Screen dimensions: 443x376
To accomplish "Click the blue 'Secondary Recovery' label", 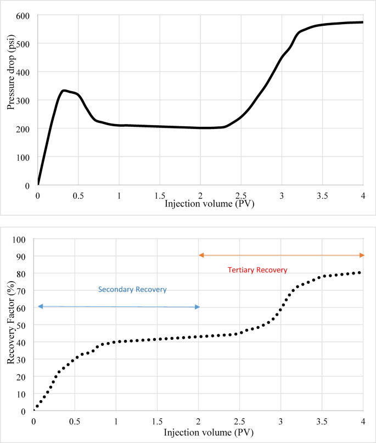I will tap(132, 289).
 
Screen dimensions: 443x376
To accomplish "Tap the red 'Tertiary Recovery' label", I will tap(257, 270).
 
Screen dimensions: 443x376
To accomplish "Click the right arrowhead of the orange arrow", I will tap(361, 255).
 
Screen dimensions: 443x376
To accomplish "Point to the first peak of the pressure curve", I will tap(64, 90).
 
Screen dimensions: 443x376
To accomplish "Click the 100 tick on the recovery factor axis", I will tap(21, 239).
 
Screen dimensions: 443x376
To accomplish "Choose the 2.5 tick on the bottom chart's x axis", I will tap(240, 421).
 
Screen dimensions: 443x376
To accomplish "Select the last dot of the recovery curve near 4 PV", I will tap(360, 272).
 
